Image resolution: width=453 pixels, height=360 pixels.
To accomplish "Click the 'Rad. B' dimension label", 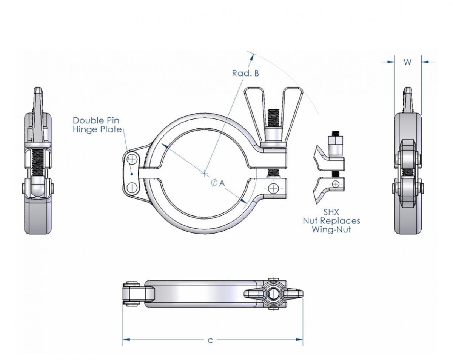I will tap(245, 74).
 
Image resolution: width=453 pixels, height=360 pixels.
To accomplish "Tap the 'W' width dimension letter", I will tap(407, 63).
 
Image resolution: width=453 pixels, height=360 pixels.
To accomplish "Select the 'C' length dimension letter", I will tap(210, 341).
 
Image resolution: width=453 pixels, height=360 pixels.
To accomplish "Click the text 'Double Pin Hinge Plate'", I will tap(97, 125).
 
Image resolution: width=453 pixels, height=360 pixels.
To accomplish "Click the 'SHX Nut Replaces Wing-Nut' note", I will tap(331, 220).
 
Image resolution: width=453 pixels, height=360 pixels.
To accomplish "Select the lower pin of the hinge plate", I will tap(132, 188).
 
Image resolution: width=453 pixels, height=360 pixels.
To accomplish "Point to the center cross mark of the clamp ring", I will tap(204, 174).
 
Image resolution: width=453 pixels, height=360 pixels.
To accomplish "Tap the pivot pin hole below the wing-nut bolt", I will tap(273, 188).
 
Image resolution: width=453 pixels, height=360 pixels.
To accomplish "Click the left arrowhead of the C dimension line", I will tap(126, 340).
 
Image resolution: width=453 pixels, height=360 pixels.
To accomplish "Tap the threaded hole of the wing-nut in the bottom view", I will tap(273, 294).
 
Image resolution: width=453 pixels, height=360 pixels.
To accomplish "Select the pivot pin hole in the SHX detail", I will tap(335, 184).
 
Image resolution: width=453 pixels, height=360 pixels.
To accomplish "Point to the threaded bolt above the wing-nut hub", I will tap(273, 118).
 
